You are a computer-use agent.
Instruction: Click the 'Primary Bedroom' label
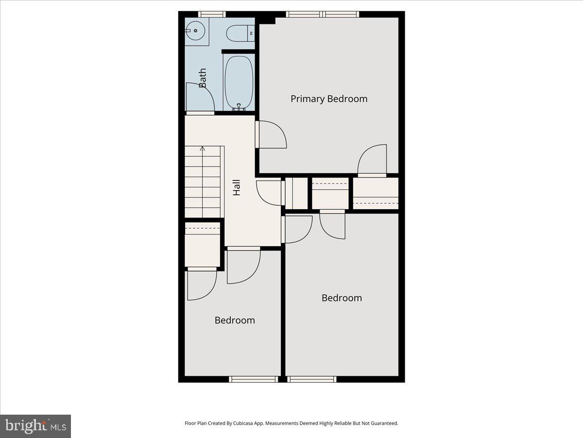[x=329, y=99]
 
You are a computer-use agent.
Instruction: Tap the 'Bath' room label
[x=202, y=78]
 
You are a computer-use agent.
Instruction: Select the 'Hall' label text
[x=237, y=188]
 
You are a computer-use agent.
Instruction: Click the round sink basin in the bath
[x=195, y=31]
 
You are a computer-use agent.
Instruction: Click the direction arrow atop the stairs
[x=203, y=148]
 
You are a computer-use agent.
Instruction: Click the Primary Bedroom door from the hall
[x=272, y=134]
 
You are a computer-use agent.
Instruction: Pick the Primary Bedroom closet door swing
[x=372, y=160]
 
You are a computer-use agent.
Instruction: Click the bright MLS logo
[x=35, y=426]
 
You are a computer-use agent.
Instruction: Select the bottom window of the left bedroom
[x=254, y=379]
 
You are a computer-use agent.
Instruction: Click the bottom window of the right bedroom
[x=311, y=379]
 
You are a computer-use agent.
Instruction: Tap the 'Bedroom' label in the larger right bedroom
[x=342, y=298]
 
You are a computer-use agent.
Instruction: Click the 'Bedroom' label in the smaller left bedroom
[x=235, y=320]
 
